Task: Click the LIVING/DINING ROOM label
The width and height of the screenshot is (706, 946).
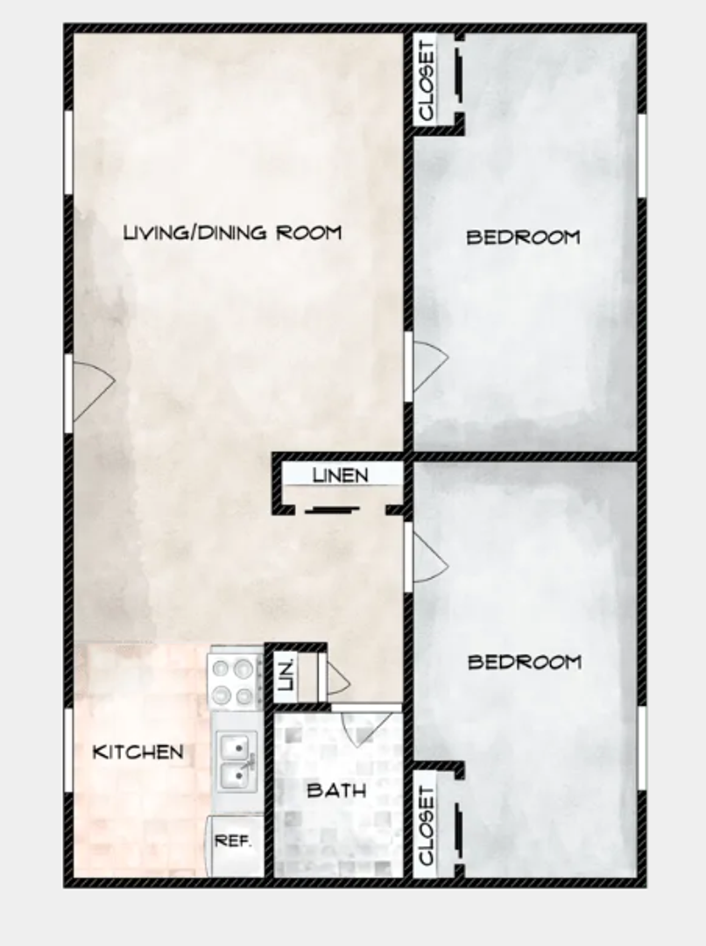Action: click(x=232, y=233)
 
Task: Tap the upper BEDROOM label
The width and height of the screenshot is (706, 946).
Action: click(x=523, y=236)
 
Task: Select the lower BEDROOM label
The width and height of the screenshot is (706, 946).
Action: click(x=524, y=661)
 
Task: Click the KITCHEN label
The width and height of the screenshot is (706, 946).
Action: click(x=138, y=752)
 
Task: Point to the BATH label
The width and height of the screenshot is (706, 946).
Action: click(x=336, y=790)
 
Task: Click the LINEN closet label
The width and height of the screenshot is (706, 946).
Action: click(x=341, y=476)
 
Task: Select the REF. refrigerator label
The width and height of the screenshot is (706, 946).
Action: click(x=234, y=841)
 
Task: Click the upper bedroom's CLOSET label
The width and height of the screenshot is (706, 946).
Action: click(x=427, y=81)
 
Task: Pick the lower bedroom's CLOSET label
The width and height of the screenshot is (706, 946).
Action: click(x=427, y=826)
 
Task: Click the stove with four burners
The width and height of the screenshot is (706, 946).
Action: click(x=235, y=681)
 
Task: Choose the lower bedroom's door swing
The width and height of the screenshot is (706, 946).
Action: click(x=428, y=557)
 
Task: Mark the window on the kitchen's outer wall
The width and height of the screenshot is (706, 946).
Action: click(x=68, y=750)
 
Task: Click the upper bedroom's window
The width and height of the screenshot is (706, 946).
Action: click(x=641, y=156)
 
